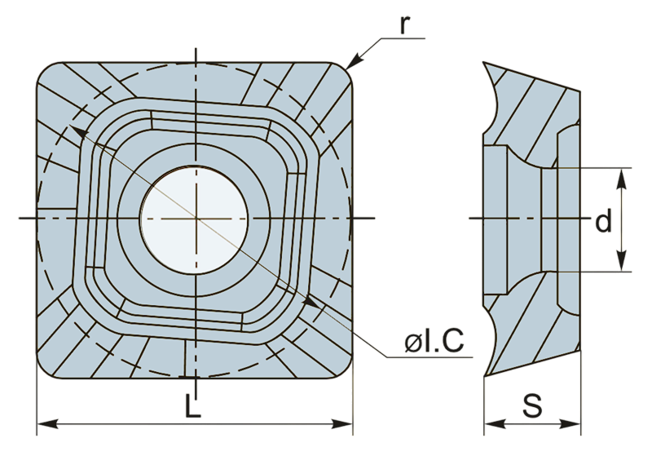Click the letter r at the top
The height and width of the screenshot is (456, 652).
[x=404, y=26]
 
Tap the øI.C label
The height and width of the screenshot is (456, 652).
[x=434, y=341]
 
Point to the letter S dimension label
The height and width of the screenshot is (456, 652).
[x=532, y=405]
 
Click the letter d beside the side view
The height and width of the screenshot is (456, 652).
[x=603, y=220]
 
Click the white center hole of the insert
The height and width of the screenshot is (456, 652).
[x=194, y=220]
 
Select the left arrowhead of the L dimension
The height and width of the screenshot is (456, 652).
[x=47, y=424]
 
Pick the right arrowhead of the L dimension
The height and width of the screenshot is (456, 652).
[x=342, y=424]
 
